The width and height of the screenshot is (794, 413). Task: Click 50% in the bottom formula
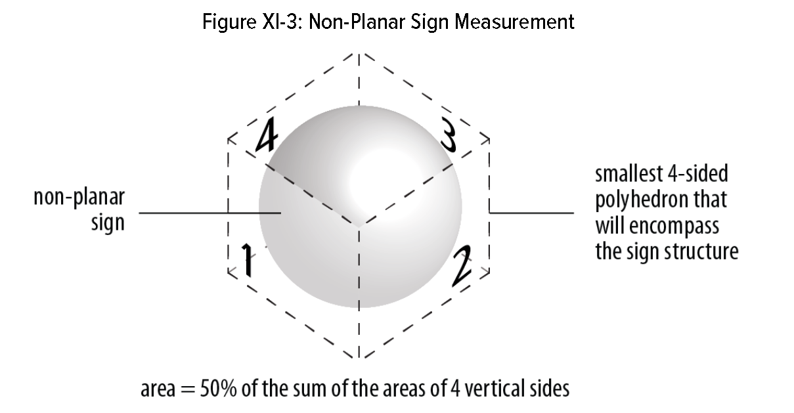click(x=218, y=388)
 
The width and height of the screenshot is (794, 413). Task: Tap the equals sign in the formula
click(x=185, y=389)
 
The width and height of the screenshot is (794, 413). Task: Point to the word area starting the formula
click(x=156, y=389)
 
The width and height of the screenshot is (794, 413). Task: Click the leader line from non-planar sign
click(x=210, y=213)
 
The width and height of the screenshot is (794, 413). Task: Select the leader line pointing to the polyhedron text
click(x=532, y=213)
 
